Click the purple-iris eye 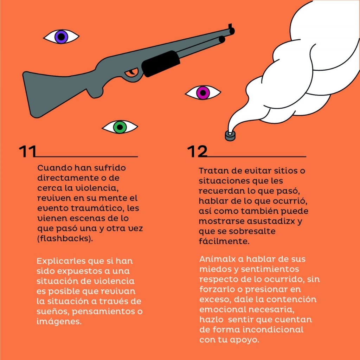(61, 37)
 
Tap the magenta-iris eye (203, 93)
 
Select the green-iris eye (120, 127)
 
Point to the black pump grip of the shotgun (160, 64)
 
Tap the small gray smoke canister (230, 136)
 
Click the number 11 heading (27, 151)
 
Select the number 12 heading (197, 151)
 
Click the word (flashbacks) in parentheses (65, 239)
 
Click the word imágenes (59, 321)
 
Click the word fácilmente (224, 241)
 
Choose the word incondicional (273, 330)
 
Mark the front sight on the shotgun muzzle (230, 26)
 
